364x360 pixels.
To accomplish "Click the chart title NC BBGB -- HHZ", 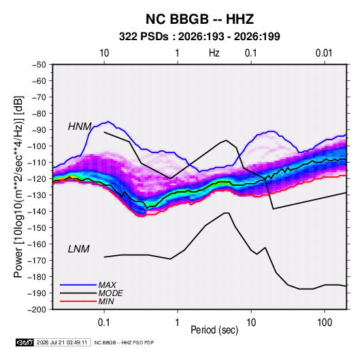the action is click(199, 19).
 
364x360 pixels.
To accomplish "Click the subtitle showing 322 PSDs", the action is click(199, 37).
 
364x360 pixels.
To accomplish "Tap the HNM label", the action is click(80, 127).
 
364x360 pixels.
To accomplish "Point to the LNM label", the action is click(79, 249).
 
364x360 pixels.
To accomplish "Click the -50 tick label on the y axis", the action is click(39, 65).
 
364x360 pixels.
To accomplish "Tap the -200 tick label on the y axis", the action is click(37, 310).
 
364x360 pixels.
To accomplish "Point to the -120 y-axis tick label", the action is click(37, 179).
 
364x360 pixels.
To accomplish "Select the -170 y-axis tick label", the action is click(37, 261).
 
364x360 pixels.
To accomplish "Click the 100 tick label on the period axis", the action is click(325, 323).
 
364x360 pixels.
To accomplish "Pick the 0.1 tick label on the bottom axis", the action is click(104, 323).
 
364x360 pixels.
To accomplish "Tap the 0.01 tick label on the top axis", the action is click(324, 53).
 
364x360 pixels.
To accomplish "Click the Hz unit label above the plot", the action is click(214, 53).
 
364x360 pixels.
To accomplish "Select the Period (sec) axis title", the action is click(214, 330).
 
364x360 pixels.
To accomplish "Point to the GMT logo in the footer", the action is click(25, 342).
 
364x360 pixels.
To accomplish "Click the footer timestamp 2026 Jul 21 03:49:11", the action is click(62, 342).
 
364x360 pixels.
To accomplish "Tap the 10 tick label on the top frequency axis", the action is click(104, 53).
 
